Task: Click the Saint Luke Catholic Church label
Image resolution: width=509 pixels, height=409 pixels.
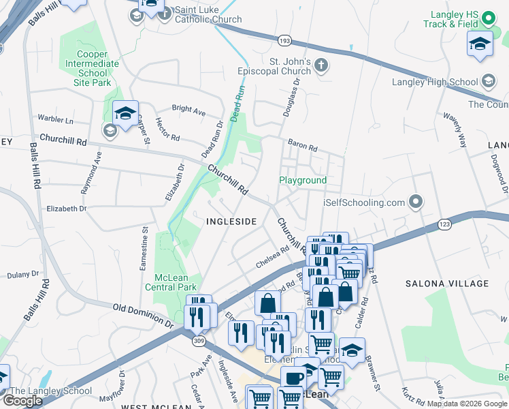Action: pos(208,14)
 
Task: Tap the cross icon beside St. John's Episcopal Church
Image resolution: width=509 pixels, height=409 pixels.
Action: pos(321,65)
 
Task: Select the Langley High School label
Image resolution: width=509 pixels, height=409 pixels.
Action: pos(435,82)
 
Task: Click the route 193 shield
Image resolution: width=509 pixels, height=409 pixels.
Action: pos(284,42)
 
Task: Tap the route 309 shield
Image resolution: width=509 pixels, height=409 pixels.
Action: pos(199,340)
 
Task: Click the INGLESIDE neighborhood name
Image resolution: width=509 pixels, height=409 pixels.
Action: pos(231,222)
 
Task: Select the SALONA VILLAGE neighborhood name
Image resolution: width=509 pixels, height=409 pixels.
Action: pos(447,283)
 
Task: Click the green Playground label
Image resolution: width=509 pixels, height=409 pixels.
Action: pos(303,180)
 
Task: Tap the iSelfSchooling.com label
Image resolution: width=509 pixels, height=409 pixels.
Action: pos(363,202)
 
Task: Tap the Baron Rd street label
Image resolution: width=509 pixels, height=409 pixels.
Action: pos(303,147)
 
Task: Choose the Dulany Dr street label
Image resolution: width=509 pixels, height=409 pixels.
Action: pos(24,274)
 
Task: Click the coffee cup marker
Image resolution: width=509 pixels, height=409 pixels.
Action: pos(294,378)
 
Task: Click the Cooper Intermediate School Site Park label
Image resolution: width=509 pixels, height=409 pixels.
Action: pos(92,68)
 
